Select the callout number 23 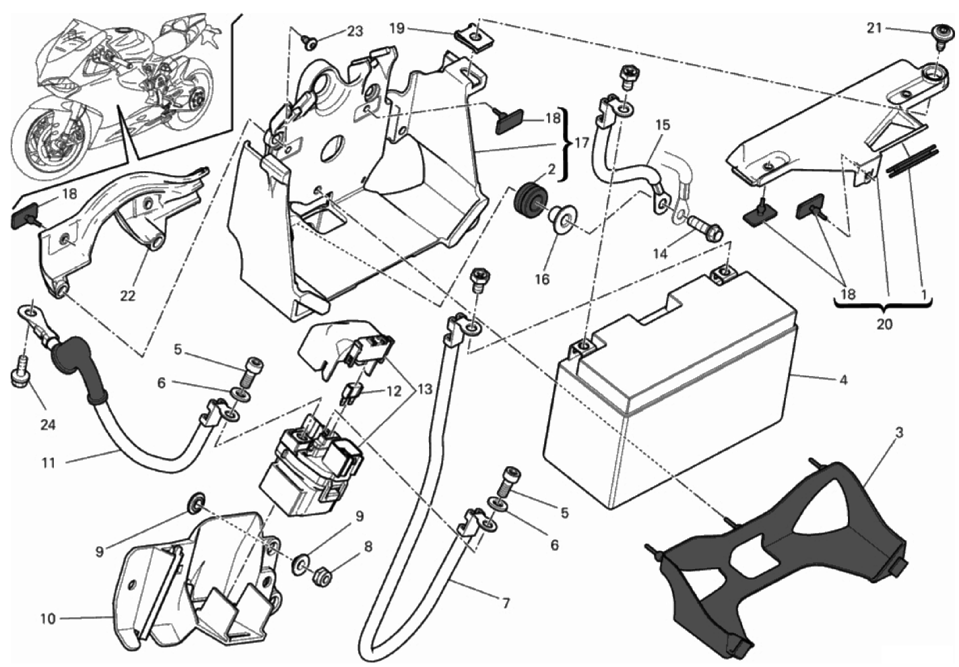[355, 32]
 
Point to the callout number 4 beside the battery [842, 380]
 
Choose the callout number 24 [47, 424]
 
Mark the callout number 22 [127, 295]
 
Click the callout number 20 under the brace [884, 324]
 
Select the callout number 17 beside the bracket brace [581, 144]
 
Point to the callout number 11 [48, 463]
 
